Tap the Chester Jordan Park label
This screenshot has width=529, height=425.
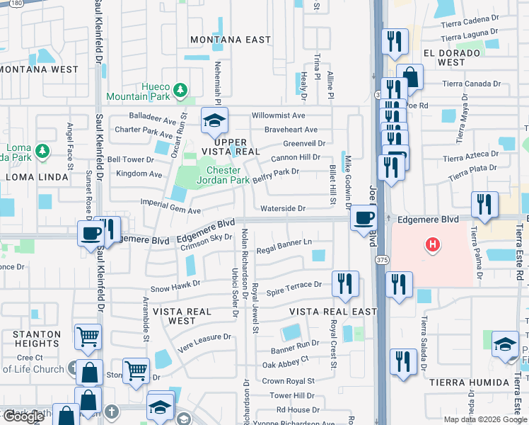coord(228,175)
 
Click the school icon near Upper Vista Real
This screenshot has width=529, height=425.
coord(214,121)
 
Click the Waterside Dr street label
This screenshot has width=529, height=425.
coord(282,208)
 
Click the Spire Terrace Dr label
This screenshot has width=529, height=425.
coord(293,285)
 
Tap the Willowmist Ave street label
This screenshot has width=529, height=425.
coord(279,115)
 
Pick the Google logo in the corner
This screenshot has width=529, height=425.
coord(23,416)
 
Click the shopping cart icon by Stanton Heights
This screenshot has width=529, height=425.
coord(88,338)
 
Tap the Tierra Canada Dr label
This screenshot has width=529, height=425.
coord(471,84)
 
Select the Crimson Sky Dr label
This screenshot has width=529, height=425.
coord(207,242)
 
